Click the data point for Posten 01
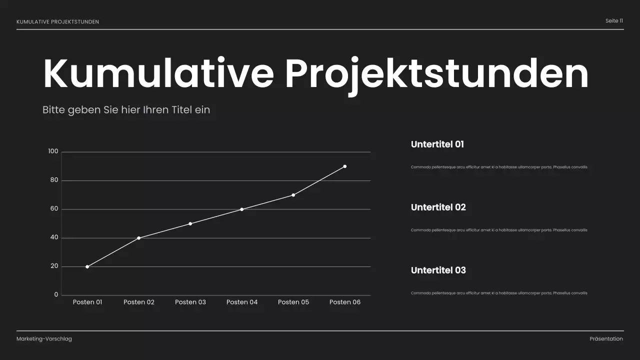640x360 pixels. (87, 266)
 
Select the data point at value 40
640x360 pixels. (139, 238)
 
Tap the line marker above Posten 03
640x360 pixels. (190, 223)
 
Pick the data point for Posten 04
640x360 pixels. (242, 209)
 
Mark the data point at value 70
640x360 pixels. (293, 195)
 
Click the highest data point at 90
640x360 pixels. (345, 166)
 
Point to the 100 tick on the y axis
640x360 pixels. (53, 151)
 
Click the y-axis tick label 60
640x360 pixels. (54, 209)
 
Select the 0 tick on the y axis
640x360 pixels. (56, 295)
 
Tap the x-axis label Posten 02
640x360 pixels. (139, 302)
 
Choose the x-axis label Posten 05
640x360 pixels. (293, 302)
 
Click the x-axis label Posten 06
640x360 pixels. (345, 302)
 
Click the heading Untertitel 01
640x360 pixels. (437, 144)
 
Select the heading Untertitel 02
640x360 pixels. (438, 207)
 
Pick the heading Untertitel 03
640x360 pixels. (438, 270)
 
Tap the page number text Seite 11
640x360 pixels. (614, 21)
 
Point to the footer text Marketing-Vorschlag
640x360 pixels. (44, 339)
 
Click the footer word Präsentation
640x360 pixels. (606, 339)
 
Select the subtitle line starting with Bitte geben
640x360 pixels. (126, 109)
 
